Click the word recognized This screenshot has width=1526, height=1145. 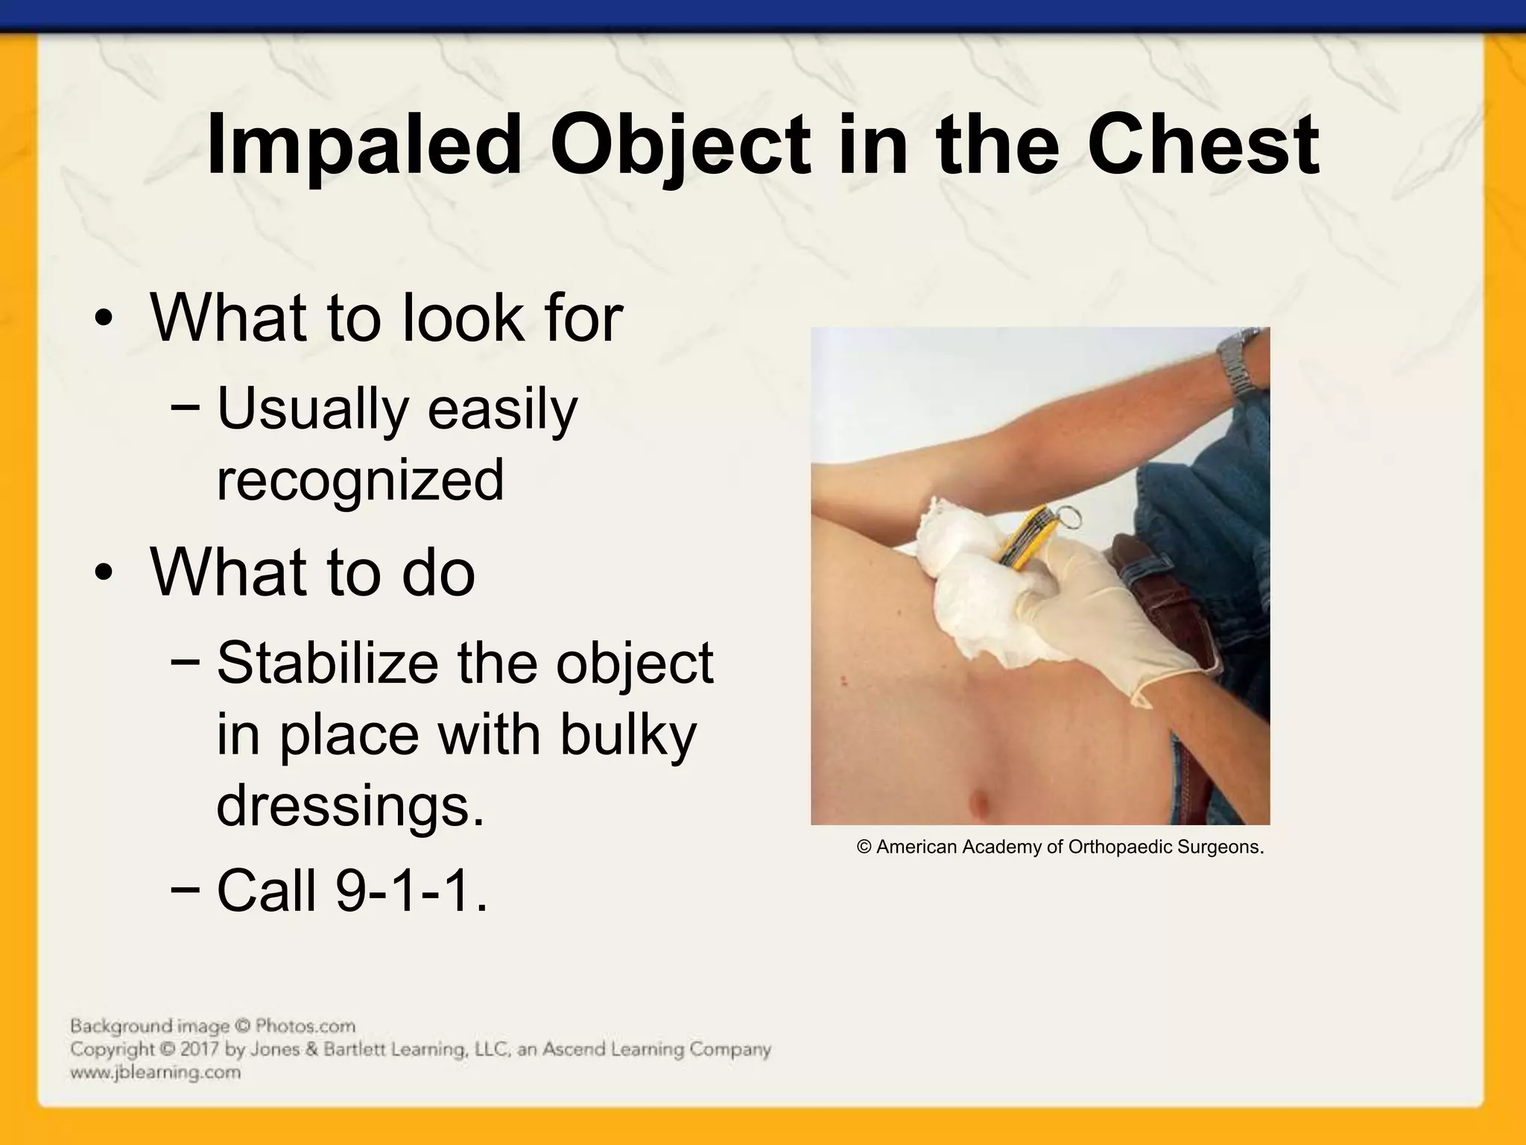[360, 480]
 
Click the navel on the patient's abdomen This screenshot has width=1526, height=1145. [978, 804]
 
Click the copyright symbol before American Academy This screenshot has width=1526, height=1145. [864, 848]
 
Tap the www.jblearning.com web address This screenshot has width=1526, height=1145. [155, 1073]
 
